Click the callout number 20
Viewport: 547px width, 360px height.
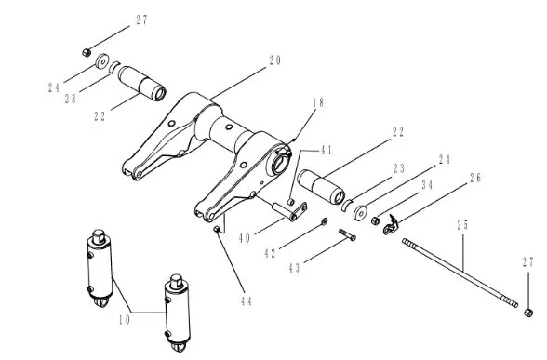pyautogui.click(x=275, y=60)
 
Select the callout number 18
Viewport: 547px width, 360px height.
pyautogui.click(x=318, y=103)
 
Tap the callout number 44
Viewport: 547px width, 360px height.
pyautogui.click(x=247, y=301)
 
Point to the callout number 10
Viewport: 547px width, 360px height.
pyautogui.click(x=125, y=320)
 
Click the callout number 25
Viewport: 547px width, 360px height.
pyautogui.click(x=463, y=225)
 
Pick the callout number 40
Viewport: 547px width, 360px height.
pyautogui.click(x=245, y=238)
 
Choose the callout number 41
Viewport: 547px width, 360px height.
pyautogui.click(x=327, y=151)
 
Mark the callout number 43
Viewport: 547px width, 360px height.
pyautogui.click(x=294, y=268)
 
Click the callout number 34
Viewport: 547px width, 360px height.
pyautogui.click(x=427, y=185)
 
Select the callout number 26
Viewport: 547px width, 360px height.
pyautogui.click(x=475, y=178)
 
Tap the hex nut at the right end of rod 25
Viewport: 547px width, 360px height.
pyautogui.click(x=528, y=313)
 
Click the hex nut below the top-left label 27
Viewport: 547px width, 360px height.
pyautogui.click(x=87, y=53)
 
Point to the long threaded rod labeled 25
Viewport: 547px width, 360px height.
pyautogui.click(x=460, y=273)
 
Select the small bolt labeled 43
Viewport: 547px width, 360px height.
pyautogui.click(x=347, y=234)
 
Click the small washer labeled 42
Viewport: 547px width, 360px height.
pyautogui.click(x=325, y=220)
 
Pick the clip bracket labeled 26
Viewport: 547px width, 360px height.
pyautogui.click(x=391, y=225)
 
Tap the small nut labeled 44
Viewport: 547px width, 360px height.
pyautogui.click(x=217, y=229)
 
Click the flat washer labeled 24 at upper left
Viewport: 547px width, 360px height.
pyautogui.click(x=102, y=61)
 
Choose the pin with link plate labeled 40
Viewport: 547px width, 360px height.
pyautogui.click(x=290, y=211)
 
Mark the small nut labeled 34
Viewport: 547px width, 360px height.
pyautogui.click(x=376, y=220)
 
